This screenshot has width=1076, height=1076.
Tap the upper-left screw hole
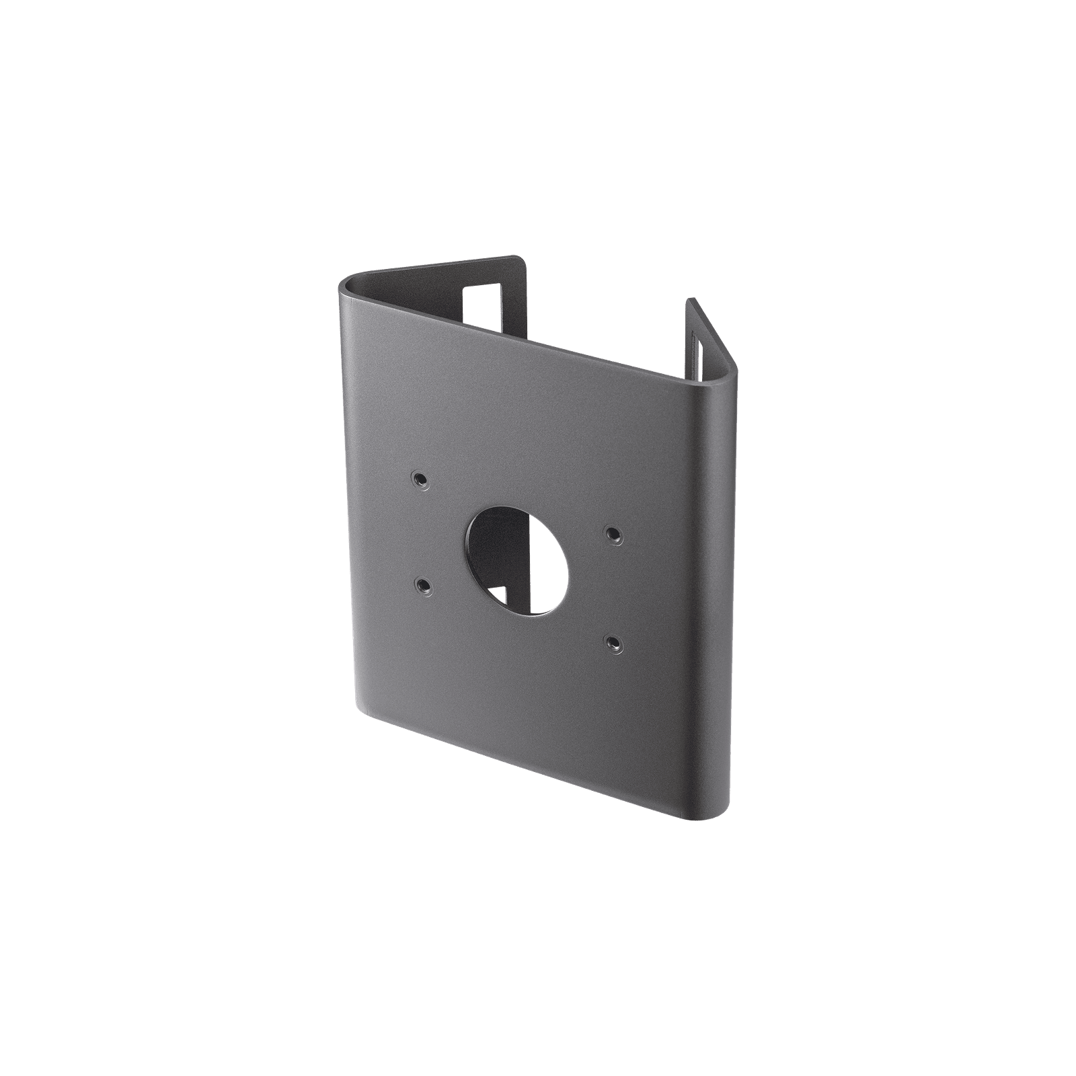click(420, 479)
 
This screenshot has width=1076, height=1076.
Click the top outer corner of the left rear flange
click(522, 258)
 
